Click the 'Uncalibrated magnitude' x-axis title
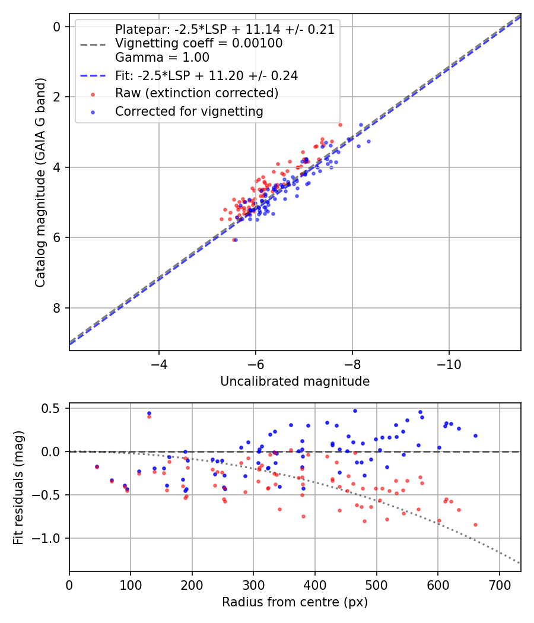[x=295, y=382]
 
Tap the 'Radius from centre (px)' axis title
[x=295, y=602]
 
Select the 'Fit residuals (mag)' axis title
[x=18, y=488]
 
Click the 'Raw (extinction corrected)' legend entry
[x=196, y=93]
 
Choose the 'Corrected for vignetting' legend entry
[x=189, y=111]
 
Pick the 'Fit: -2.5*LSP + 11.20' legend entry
[x=206, y=75]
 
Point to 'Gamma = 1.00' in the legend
[x=162, y=58]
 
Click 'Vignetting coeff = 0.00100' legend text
[x=199, y=43]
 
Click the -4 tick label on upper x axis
[x=158, y=363]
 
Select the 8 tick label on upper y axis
[x=57, y=308]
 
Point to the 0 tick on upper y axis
[x=57, y=27]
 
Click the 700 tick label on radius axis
[x=499, y=583]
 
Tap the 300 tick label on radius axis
[x=253, y=583]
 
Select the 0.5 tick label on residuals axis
[x=53, y=408]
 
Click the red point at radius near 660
[x=475, y=525]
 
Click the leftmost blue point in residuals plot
[x=97, y=467]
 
